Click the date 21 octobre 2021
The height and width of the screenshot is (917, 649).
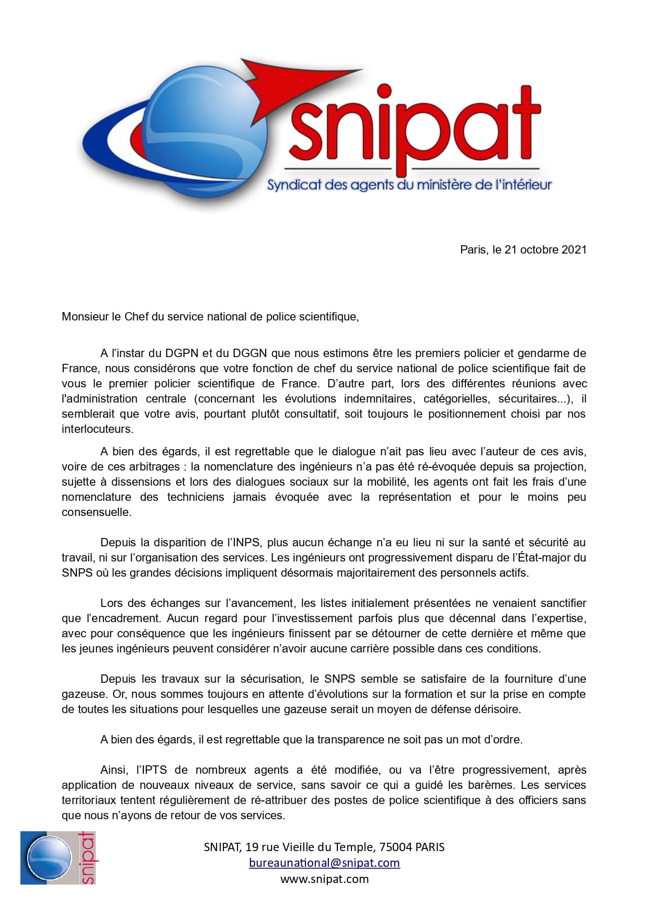(x=545, y=250)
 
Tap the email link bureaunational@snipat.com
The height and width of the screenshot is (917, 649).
(x=324, y=863)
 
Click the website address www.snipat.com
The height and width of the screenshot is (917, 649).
(x=324, y=879)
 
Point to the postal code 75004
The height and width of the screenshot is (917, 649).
(x=395, y=847)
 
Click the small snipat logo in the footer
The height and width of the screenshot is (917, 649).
(x=58, y=858)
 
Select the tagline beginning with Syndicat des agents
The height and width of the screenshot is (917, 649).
(x=409, y=185)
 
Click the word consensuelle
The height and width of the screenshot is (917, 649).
(x=96, y=512)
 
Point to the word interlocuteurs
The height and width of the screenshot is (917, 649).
(x=97, y=429)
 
